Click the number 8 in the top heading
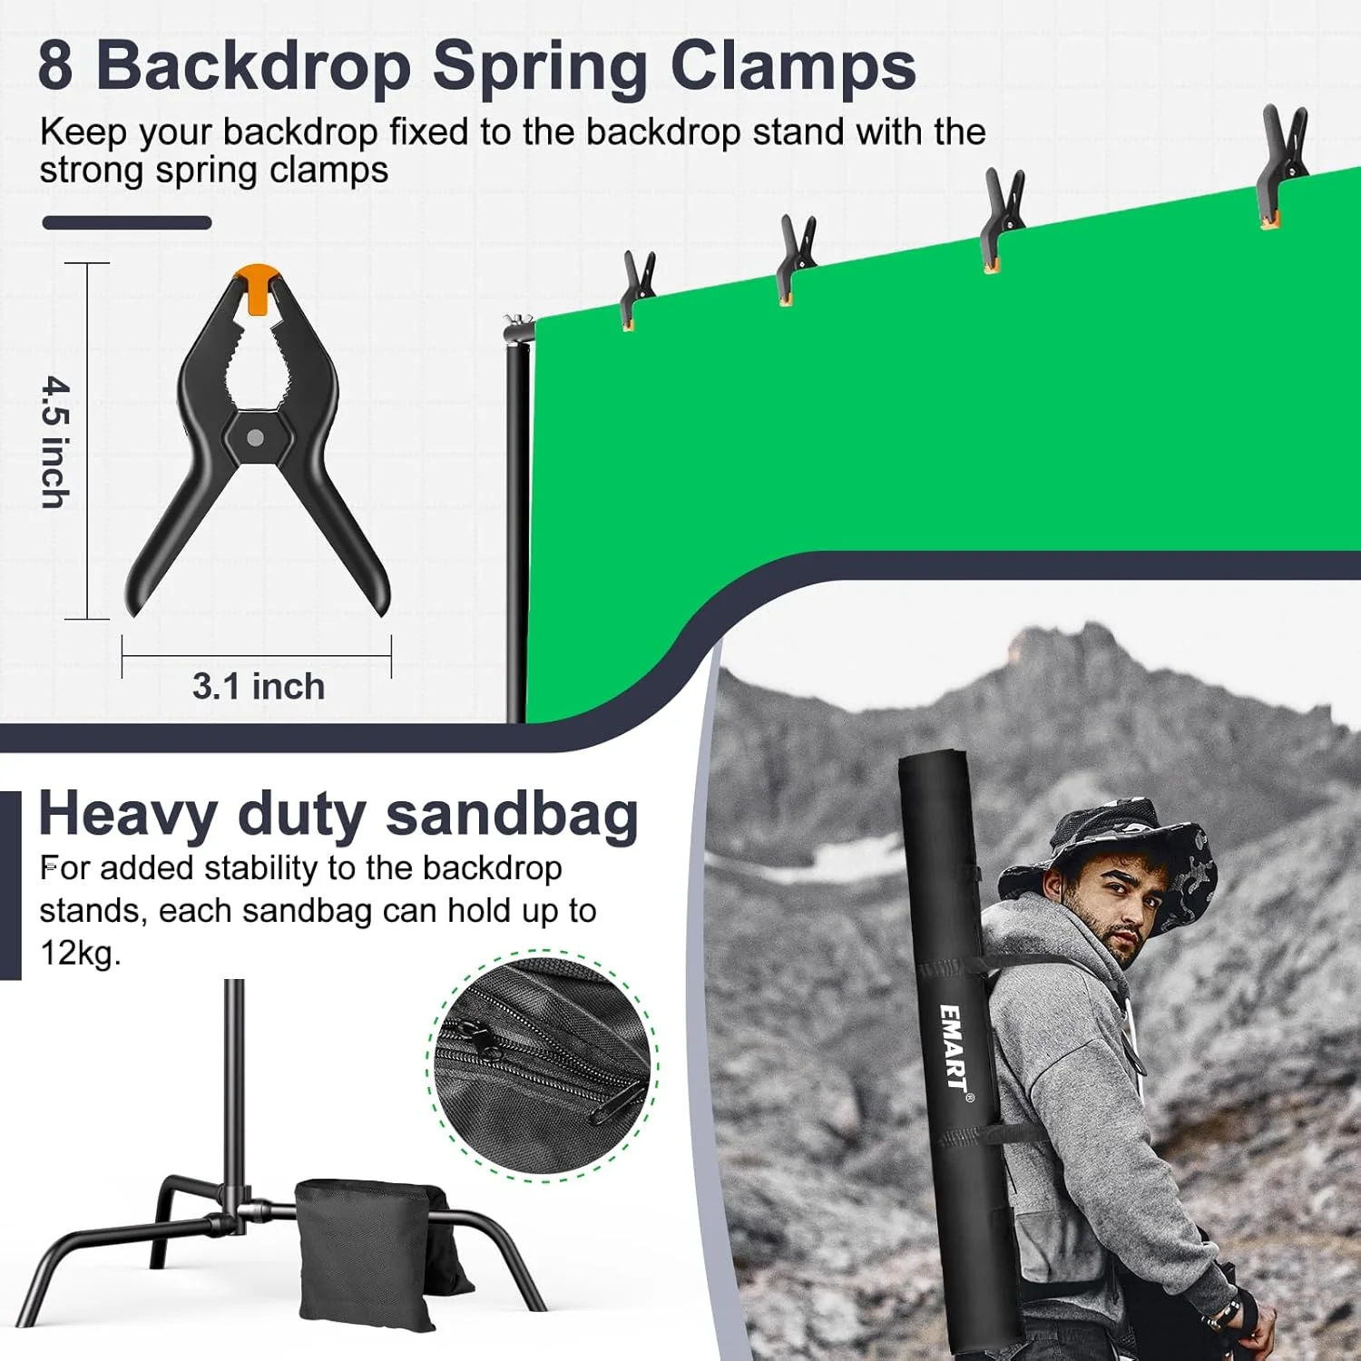click(55, 65)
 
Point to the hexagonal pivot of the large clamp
click(255, 437)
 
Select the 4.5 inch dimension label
click(56, 442)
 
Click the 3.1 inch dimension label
click(259, 687)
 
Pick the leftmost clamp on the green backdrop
click(637, 289)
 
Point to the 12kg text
click(80, 953)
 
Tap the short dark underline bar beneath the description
click(127, 223)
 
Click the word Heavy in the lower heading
click(128, 814)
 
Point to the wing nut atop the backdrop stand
click(515, 322)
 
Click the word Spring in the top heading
click(539, 65)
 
